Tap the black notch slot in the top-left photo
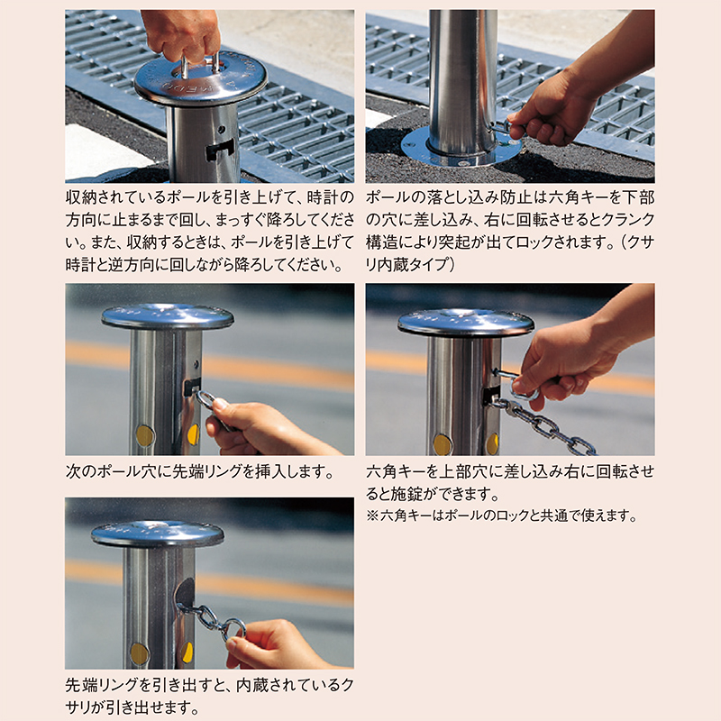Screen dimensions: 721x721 click(x=220, y=150)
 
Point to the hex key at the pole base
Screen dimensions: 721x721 click(x=501, y=126)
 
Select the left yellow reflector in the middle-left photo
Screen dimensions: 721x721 click(x=145, y=436)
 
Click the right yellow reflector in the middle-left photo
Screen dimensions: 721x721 click(x=193, y=435)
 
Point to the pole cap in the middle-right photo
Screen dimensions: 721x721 click(x=466, y=322)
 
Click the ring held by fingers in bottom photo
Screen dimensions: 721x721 click(x=233, y=629)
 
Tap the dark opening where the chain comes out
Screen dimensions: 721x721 click(x=185, y=593)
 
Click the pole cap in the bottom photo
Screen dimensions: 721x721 click(x=157, y=534)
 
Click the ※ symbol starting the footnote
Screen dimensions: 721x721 click(x=372, y=516)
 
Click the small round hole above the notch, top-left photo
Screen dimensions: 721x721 click(x=222, y=129)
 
